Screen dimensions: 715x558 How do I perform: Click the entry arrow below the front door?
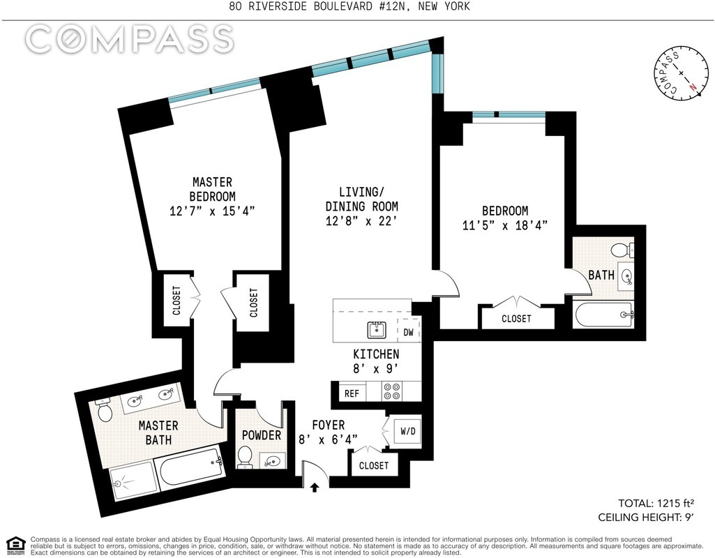pyautogui.click(x=314, y=488)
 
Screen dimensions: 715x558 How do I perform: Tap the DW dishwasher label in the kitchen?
pyautogui.click(x=409, y=332)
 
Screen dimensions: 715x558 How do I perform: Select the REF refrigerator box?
pyautogui.click(x=352, y=393)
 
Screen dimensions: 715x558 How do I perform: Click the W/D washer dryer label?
pyautogui.click(x=408, y=431)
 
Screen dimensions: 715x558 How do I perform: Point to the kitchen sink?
pyautogui.click(x=377, y=330)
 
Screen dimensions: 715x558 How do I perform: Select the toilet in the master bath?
pyautogui.click(x=103, y=410)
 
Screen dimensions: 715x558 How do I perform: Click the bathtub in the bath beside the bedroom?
pyautogui.click(x=603, y=315)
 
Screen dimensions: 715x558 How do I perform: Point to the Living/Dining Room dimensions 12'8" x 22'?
pyautogui.click(x=361, y=220)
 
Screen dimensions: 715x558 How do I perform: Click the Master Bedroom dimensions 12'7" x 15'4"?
pyautogui.click(x=211, y=211)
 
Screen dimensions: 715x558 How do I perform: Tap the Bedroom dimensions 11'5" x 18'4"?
pyautogui.click(x=505, y=225)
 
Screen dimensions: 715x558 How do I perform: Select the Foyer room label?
pyautogui.click(x=329, y=425)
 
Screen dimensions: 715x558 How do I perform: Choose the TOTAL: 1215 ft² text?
pyautogui.click(x=656, y=504)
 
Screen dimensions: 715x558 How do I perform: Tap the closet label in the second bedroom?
pyautogui.click(x=516, y=319)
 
